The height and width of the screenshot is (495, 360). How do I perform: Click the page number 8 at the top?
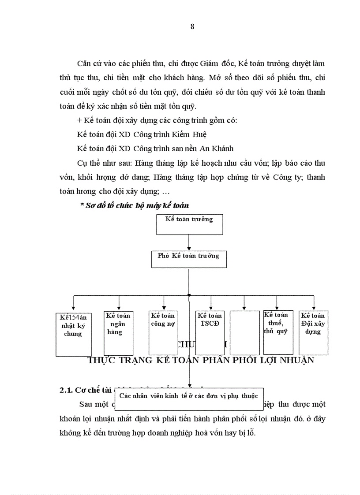tap(192, 26)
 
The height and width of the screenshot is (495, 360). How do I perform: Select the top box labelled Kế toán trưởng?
tap(189, 224)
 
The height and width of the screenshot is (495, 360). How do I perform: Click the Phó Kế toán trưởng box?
tap(189, 259)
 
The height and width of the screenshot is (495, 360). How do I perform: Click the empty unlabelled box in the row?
tap(244, 332)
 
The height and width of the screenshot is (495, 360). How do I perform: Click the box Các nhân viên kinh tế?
tap(189, 396)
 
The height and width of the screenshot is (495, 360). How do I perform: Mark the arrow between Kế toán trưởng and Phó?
tap(189, 242)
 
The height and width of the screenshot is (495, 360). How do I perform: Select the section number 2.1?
tap(66, 390)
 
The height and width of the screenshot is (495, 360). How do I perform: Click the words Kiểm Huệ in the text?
tap(191, 134)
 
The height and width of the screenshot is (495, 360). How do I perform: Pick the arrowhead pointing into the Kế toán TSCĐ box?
tap(211, 308)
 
